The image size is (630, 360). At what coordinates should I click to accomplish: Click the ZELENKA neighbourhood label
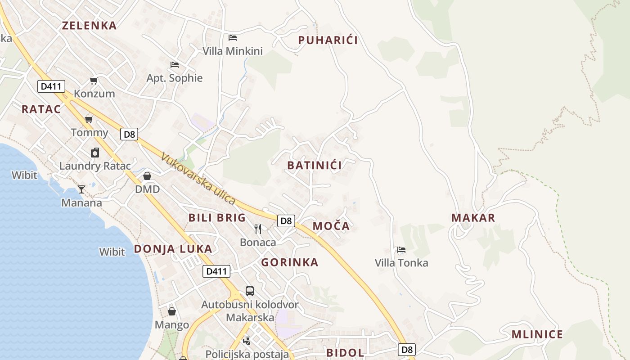(x=89, y=26)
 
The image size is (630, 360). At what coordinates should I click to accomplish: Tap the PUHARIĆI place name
(x=328, y=40)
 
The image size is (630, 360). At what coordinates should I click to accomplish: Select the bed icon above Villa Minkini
(x=233, y=37)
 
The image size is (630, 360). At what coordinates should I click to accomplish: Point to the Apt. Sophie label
(x=175, y=78)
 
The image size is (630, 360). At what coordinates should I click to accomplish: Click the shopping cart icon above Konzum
(x=94, y=81)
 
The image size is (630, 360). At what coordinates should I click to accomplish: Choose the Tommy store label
(x=90, y=133)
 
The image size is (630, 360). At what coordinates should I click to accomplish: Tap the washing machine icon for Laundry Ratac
(x=95, y=153)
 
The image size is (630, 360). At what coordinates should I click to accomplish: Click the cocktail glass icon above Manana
(x=81, y=189)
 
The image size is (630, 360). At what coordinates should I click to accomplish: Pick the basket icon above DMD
(x=147, y=176)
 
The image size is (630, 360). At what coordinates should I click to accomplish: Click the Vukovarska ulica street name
(x=198, y=179)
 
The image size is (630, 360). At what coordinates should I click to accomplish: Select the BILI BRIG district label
(x=217, y=218)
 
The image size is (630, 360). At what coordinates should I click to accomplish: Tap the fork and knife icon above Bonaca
(x=258, y=229)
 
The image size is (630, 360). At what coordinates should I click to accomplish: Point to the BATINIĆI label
(x=315, y=166)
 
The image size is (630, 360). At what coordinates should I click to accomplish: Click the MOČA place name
(x=331, y=226)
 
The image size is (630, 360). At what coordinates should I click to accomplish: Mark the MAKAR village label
(x=473, y=218)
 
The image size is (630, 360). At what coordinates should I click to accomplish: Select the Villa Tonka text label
(x=401, y=263)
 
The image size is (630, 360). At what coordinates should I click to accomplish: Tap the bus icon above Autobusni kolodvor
(x=249, y=291)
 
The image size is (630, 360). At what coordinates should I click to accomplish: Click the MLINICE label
(x=537, y=335)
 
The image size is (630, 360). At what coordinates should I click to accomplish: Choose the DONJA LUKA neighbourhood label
(x=173, y=249)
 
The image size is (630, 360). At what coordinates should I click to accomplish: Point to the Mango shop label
(x=172, y=325)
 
